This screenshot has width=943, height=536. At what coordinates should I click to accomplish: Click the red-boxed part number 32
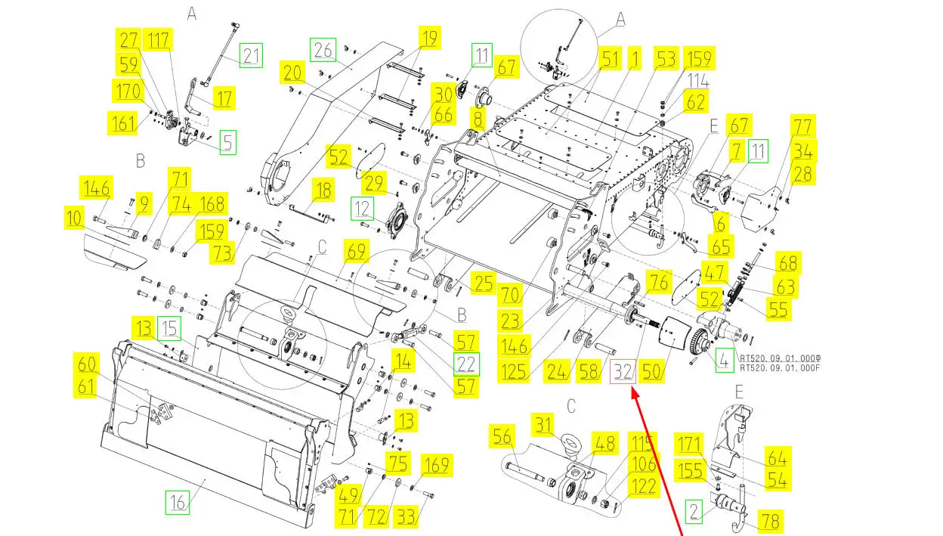pos(623,372)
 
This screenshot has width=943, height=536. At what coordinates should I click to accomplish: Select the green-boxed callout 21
pos(251,55)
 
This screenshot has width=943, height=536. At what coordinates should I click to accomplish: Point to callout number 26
pos(323,50)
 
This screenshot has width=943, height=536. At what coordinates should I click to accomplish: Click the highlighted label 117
pos(159,40)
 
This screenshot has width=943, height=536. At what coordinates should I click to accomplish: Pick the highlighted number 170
pos(128,92)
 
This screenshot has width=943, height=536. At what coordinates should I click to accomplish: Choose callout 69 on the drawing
pos(356,250)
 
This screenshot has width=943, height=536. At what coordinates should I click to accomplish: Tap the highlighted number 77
pos(802,125)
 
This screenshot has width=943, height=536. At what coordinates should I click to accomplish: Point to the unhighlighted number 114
pos(698,80)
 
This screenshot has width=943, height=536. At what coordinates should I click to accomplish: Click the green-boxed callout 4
pos(724,361)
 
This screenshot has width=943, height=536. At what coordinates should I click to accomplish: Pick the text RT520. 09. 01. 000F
pos(779,368)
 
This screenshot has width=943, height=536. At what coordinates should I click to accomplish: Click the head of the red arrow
pos(632,392)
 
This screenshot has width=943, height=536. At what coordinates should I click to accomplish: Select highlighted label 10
pos(74,219)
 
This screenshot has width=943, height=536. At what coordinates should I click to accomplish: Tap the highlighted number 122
pos(645,488)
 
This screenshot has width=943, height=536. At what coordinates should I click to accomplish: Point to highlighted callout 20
pos(294,73)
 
